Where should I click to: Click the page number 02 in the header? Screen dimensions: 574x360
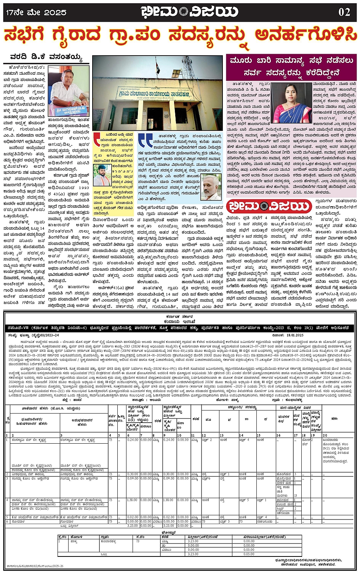tap(344, 12)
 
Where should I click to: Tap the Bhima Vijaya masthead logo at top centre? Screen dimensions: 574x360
tap(189, 12)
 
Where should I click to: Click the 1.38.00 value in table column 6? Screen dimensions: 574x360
tap(132, 500)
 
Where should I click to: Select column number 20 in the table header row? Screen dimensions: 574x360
tap(325, 435)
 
